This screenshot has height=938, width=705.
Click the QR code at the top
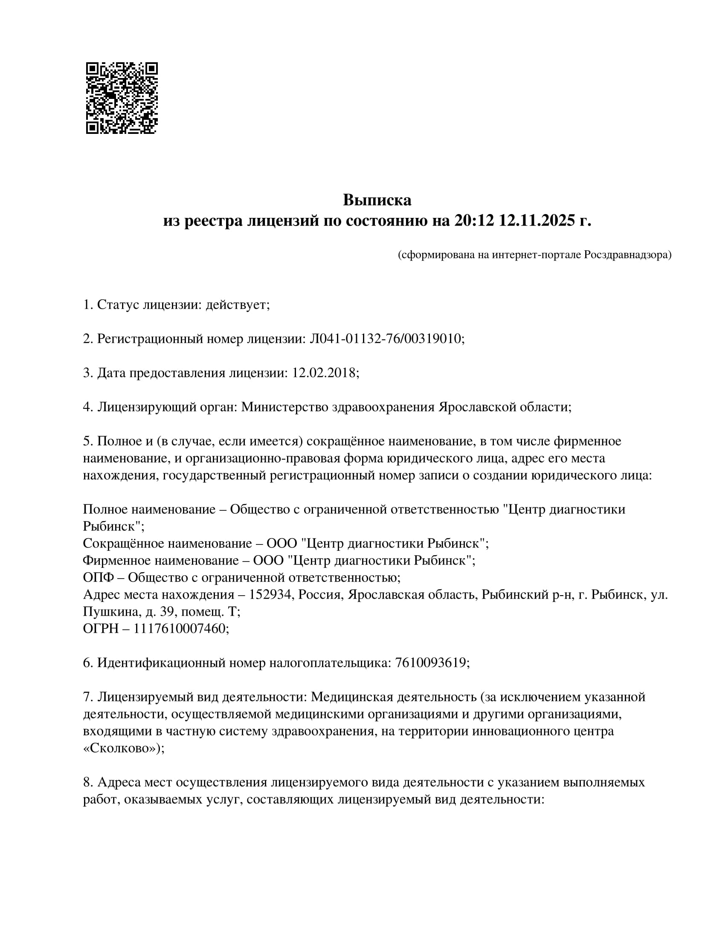coord(122,98)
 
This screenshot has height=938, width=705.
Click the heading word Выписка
coord(377,200)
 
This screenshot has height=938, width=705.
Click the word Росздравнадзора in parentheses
coord(626,255)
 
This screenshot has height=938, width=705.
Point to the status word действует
coord(236,305)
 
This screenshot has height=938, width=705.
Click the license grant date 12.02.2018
coord(324,373)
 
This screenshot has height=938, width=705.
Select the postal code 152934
coord(272,594)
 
